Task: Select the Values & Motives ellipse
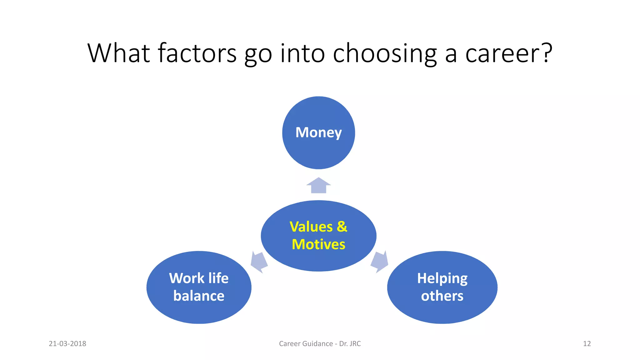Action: (x=318, y=259)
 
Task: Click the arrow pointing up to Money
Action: (x=318, y=186)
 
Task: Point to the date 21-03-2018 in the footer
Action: (x=67, y=343)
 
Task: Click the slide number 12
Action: (x=587, y=343)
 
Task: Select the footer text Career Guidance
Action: (x=306, y=343)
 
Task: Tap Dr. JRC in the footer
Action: (x=350, y=343)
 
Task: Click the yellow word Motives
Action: (x=318, y=244)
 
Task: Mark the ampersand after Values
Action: (x=342, y=227)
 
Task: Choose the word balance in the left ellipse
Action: (x=199, y=296)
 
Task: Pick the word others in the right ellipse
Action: (x=442, y=296)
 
